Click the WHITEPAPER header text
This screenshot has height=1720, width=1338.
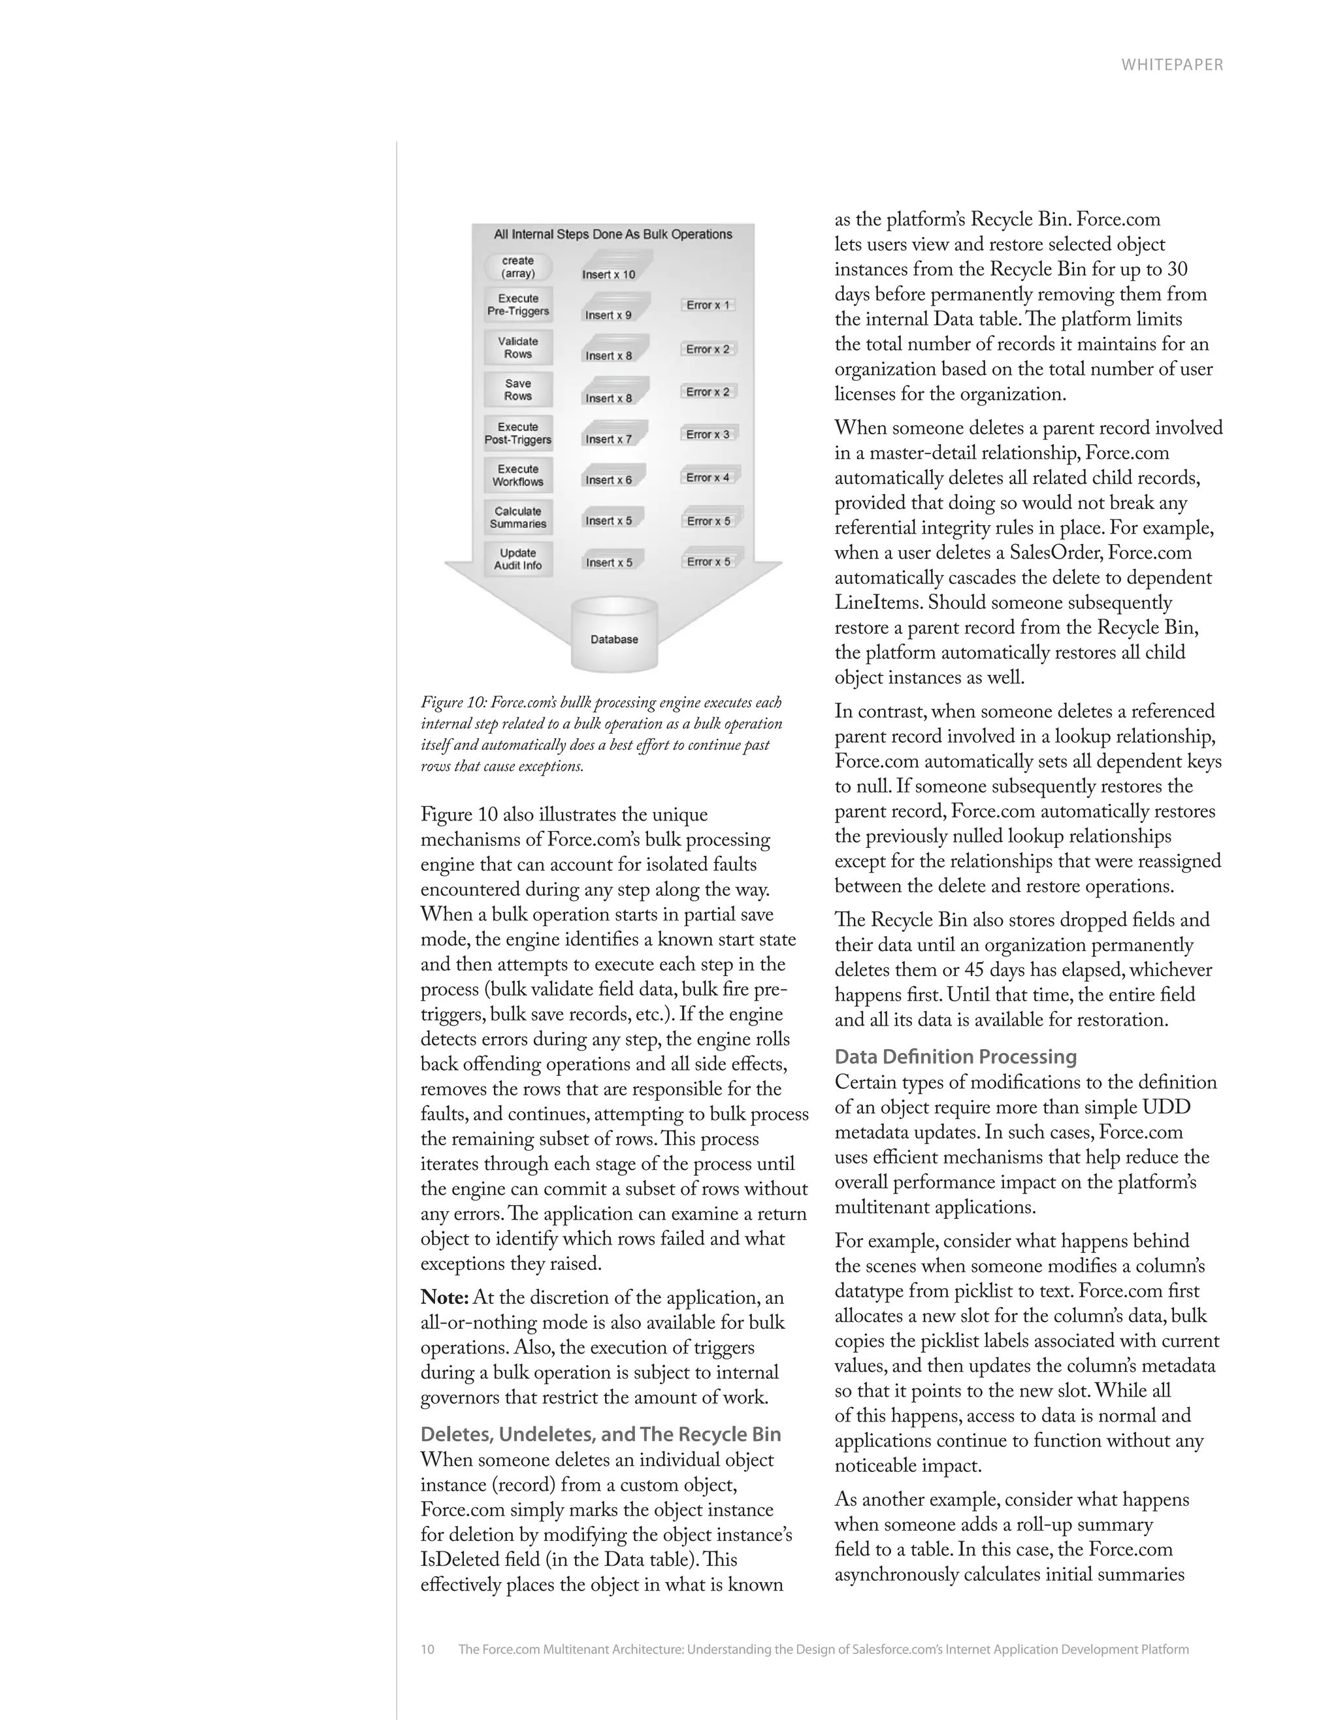tap(1172, 65)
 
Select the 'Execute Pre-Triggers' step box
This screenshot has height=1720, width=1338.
tap(517, 305)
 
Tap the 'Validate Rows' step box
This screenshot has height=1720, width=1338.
tap(517, 348)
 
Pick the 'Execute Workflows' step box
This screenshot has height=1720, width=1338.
tap(517, 475)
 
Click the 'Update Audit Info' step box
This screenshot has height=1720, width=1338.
tap(517, 559)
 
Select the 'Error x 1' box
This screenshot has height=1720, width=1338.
tap(707, 305)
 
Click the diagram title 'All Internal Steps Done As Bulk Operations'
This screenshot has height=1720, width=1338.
tap(613, 234)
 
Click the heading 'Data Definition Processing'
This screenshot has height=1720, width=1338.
tap(955, 1057)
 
